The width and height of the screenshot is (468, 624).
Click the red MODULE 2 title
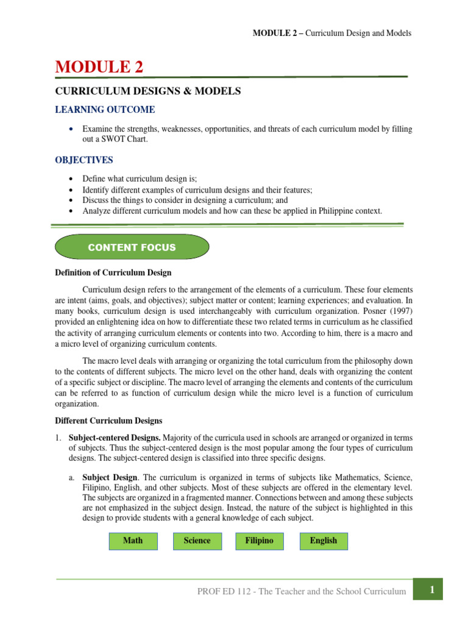pos(99,67)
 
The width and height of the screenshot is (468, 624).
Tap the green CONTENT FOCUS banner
pos(132,247)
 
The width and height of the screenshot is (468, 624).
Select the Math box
pos(133,541)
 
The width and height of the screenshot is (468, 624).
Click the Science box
pos(197,541)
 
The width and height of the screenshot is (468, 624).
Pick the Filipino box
pos(259,541)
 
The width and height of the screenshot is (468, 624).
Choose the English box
pos(323,541)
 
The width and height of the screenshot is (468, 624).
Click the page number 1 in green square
pos(431,589)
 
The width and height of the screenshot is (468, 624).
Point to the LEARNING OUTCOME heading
pos(105,110)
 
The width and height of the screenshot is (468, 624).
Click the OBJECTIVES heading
pos(84,160)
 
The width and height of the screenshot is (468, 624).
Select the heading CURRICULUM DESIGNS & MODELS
pos(148,91)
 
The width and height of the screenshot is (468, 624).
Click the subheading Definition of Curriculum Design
pos(113,272)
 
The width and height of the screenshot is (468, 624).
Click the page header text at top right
pos(332,33)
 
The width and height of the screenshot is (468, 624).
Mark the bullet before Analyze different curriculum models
pos(71,211)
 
